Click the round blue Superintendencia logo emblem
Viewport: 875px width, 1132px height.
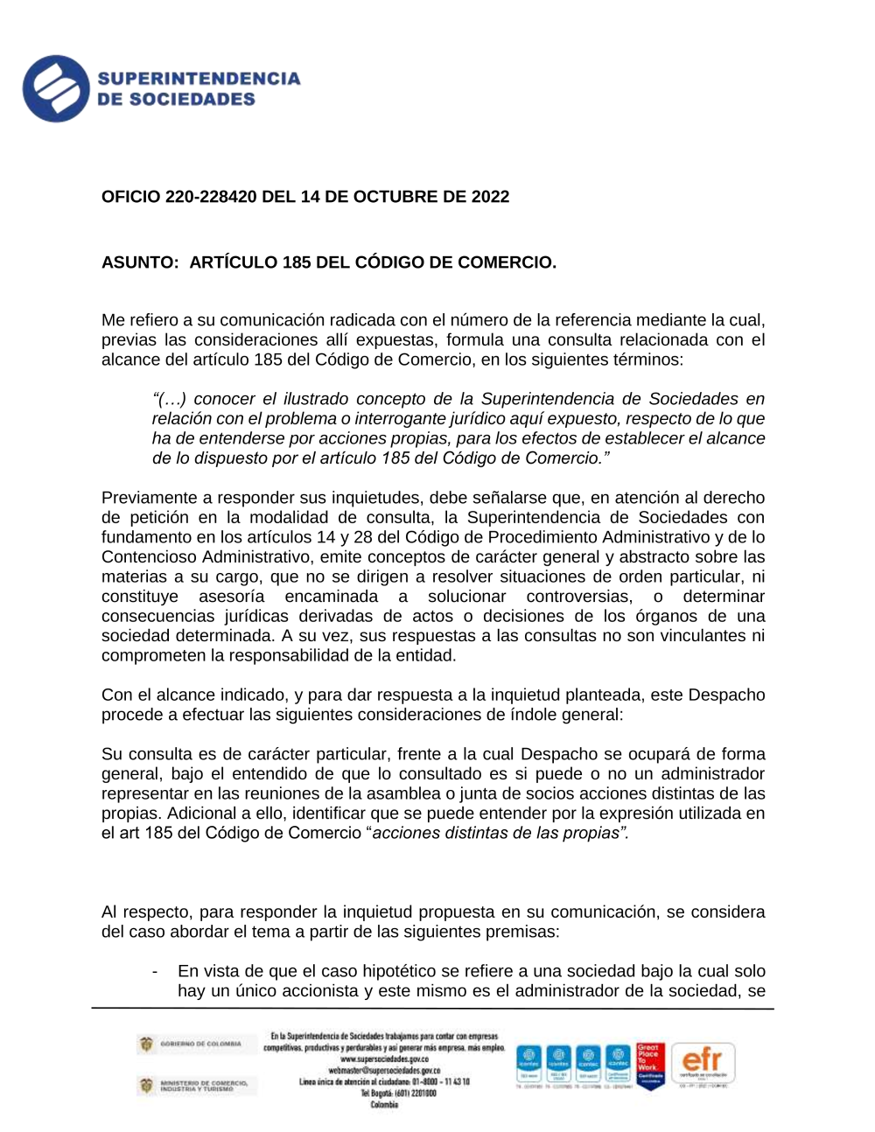pos(56,88)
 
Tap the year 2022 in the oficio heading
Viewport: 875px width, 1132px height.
pos(490,197)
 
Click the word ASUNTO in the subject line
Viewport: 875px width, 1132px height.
pos(138,262)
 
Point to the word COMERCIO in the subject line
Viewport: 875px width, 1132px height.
pos(510,262)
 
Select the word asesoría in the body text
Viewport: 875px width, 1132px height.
pos(231,597)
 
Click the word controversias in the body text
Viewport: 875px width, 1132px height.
pos(578,597)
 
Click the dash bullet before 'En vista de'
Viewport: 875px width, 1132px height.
pos(155,971)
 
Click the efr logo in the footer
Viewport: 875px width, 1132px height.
pos(703,1064)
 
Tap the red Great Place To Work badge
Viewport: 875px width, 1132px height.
pos(649,1065)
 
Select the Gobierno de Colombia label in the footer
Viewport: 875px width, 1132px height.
pos(199,1044)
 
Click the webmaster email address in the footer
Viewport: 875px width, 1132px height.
pos(384,1070)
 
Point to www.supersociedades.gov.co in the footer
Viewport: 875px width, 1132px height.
pos(384,1059)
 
